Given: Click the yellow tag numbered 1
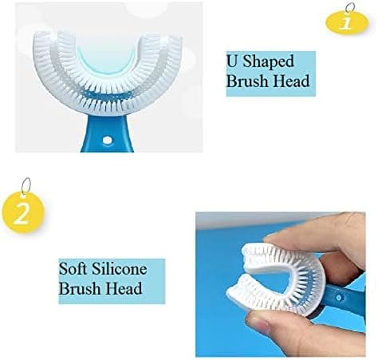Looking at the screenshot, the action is (347, 23).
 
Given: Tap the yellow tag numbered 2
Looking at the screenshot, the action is (23, 212).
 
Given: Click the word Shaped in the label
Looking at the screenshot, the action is (269, 62).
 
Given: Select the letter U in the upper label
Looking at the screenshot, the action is (232, 61).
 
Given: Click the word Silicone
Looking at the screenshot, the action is (120, 269).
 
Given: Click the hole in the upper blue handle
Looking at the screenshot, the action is (107, 140).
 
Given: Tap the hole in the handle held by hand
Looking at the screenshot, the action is (339, 297).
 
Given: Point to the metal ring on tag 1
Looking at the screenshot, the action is (350, 8).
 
